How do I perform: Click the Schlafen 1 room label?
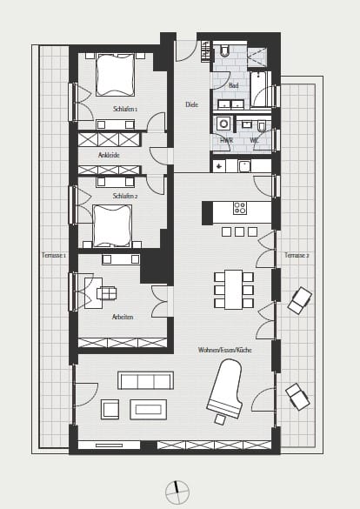click(x=125, y=109)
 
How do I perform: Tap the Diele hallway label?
click(x=191, y=104)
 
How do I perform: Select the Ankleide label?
click(x=109, y=155)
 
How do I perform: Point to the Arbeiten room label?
click(x=123, y=317)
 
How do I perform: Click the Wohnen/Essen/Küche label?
click(x=224, y=350)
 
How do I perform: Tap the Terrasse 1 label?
click(x=54, y=255)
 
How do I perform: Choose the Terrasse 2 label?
click(x=297, y=255)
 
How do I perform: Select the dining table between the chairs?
click(x=234, y=290)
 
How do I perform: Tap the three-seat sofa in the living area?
click(x=145, y=380)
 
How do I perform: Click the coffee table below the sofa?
click(x=149, y=409)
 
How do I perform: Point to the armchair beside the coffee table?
click(x=110, y=409)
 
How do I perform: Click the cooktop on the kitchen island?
click(x=240, y=208)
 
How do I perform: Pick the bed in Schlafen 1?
click(x=116, y=75)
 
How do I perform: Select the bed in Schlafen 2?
click(x=112, y=226)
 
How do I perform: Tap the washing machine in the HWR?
click(x=223, y=124)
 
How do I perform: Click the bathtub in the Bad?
click(x=259, y=90)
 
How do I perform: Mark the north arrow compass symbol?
click(x=177, y=492)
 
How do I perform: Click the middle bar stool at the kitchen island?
click(x=240, y=231)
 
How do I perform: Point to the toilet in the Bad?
click(x=224, y=50)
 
